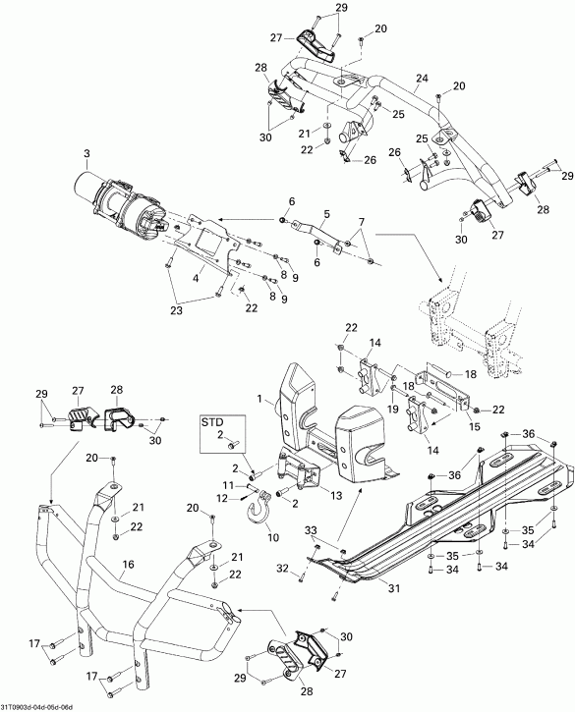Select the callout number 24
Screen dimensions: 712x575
tap(421, 79)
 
